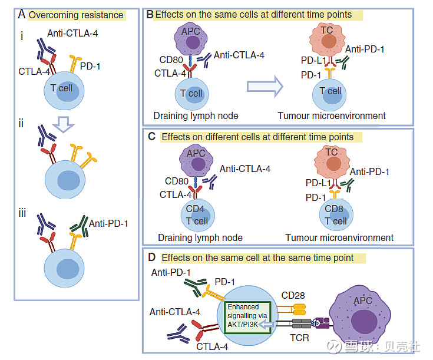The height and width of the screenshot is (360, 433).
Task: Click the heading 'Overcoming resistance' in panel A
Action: pos(76,15)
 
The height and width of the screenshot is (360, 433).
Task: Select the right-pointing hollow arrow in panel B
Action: pos(265,87)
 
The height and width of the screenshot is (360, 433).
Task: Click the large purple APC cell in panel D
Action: pos(366,312)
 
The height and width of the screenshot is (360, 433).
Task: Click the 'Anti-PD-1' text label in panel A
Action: pos(108,223)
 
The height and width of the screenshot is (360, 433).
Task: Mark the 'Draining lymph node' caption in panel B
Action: pos(196,115)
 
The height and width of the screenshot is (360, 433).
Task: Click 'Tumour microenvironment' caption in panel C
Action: pos(339,238)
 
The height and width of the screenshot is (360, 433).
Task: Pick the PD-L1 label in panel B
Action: pos(313,60)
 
